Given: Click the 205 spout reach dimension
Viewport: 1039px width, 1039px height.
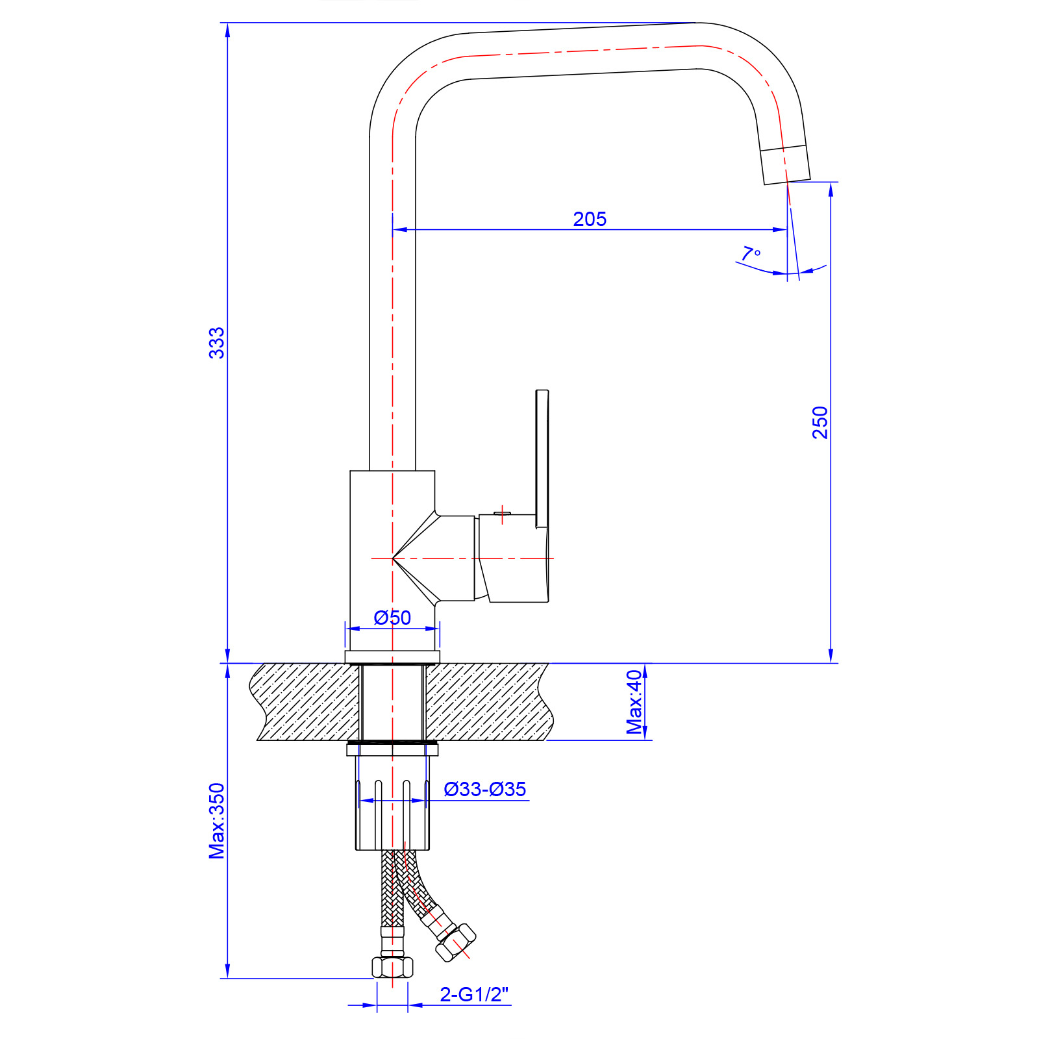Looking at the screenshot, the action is (x=590, y=219).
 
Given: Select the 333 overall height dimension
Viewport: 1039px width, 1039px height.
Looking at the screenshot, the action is (x=216, y=343).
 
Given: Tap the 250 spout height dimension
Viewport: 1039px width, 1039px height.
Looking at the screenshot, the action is (x=820, y=422).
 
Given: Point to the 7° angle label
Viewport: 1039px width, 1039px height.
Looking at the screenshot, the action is (x=751, y=253).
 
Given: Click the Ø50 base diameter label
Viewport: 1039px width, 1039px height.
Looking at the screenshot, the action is (x=392, y=618).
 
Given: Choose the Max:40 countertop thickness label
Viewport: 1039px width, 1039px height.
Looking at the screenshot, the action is (x=634, y=702).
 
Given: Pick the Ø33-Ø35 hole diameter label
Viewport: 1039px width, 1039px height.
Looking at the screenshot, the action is (x=485, y=789).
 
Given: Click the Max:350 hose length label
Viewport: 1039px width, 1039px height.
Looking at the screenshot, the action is (x=216, y=821).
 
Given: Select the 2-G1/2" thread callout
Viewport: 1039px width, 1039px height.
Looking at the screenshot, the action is (x=474, y=994).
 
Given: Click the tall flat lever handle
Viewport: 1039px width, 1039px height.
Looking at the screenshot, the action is (x=542, y=458).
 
